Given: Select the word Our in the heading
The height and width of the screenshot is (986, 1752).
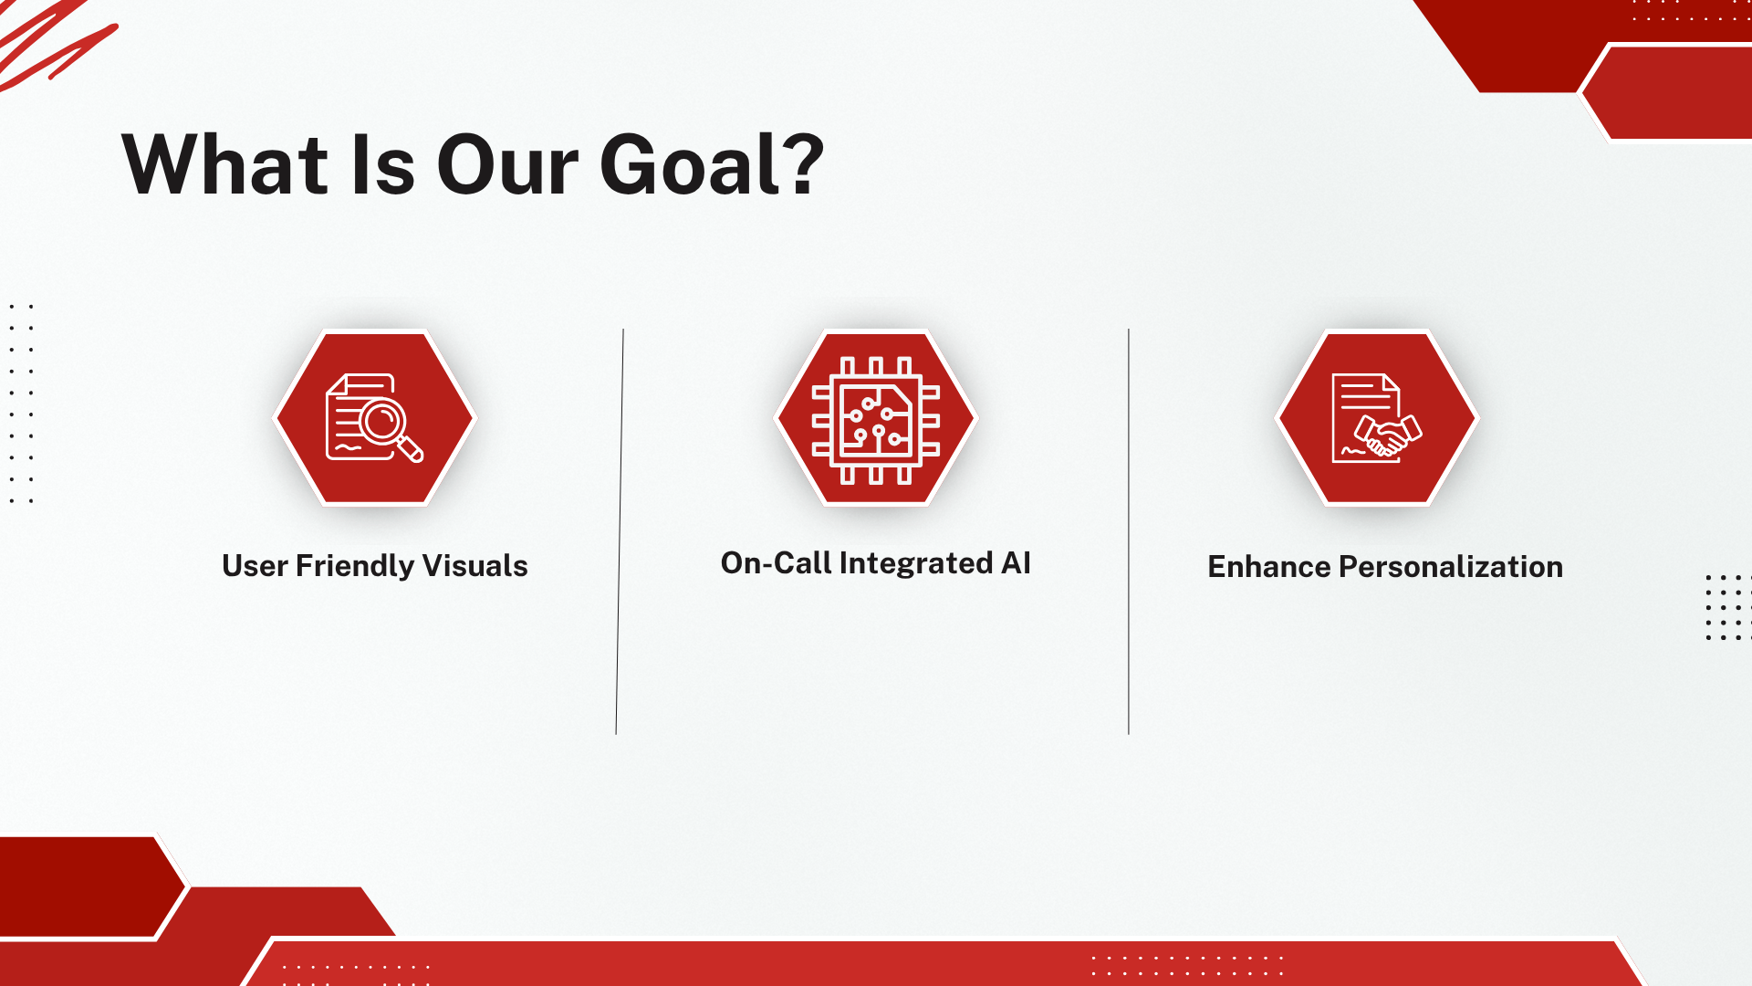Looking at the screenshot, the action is point(507,164).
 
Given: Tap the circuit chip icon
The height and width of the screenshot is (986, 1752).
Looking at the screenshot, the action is point(876,420).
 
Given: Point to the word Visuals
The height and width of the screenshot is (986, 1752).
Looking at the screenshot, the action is point(474,565).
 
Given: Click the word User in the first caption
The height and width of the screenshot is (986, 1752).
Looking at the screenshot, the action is point(255,566).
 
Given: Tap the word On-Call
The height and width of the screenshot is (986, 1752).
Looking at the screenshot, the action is point(776,563).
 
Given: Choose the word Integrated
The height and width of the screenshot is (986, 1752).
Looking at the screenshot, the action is point(916,563).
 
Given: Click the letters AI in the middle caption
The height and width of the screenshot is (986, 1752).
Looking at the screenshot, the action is point(1016,563).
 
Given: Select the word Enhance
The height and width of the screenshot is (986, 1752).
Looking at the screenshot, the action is point(1269,567).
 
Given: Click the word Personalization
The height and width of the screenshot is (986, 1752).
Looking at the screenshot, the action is point(1451,567).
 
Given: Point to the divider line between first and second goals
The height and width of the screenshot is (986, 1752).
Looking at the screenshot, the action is point(620,531).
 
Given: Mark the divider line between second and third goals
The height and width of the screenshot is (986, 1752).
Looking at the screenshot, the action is point(1129,531).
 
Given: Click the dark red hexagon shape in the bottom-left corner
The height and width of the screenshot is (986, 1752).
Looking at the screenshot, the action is point(88,886).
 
